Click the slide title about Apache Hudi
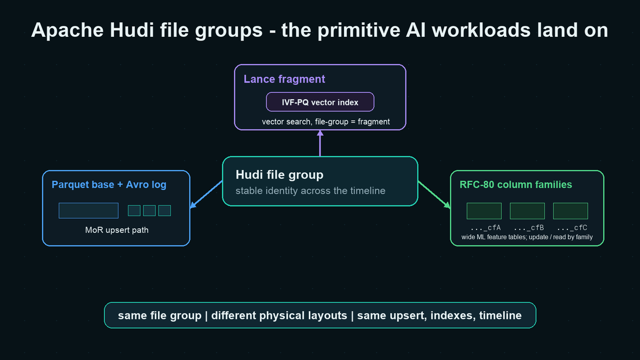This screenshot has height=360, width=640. click(x=319, y=30)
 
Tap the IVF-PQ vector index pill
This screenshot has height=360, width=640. click(x=320, y=102)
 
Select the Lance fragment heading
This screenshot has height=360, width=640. click(x=284, y=79)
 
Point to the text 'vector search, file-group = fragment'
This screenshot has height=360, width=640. click(x=326, y=122)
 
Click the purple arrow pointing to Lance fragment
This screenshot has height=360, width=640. click(x=320, y=143)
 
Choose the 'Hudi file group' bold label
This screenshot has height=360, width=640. click(x=279, y=175)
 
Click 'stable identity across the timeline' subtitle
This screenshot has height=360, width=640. click(x=310, y=191)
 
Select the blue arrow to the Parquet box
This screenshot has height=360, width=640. click(x=206, y=194)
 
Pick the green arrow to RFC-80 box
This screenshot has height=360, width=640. click(x=434, y=195)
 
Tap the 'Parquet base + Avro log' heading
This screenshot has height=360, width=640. click(x=109, y=185)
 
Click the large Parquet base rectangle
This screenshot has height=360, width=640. click(x=89, y=211)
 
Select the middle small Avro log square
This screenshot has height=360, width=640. click(x=149, y=211)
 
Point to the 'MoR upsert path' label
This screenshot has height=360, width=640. click(x=117, y=230)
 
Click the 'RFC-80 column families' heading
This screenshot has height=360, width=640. click(x=516, y=185)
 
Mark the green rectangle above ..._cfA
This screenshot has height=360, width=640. click(x=484, y=211)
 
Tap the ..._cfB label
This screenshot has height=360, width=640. click(x=529, y=228)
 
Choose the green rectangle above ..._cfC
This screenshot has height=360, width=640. click(x=570, y=211)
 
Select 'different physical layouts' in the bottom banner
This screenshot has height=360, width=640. click(x=279, y=316)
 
